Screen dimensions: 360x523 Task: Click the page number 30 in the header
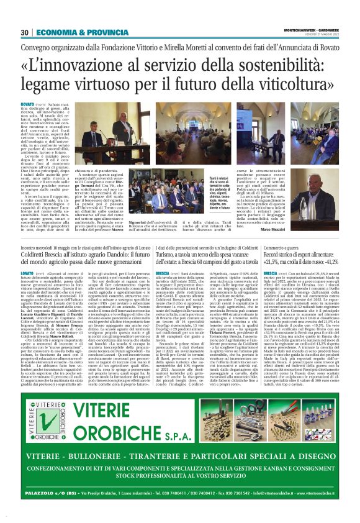point(24,32)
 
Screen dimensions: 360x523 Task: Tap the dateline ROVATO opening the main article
point(28,103)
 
